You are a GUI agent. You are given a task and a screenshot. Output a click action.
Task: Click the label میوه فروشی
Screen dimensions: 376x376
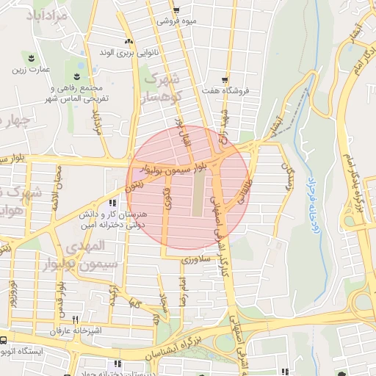tap(177, 22)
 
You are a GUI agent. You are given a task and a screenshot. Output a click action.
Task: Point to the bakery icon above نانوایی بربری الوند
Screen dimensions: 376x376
tap(129, 40)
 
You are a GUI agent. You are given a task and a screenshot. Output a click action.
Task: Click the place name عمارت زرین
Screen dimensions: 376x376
tap(29, 70)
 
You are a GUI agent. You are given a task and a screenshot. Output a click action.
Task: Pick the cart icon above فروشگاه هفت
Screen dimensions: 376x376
tap(225, 79)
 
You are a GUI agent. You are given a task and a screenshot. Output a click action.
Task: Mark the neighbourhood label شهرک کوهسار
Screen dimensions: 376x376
tap(158, 87)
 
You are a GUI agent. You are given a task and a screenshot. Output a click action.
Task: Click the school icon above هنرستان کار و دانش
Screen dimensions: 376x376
tap(112, 203)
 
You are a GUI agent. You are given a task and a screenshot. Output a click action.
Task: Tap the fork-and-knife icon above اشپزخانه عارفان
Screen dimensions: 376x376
tap(75, 320)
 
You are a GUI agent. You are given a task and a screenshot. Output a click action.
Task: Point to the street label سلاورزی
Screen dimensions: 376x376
tap(199, 259)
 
